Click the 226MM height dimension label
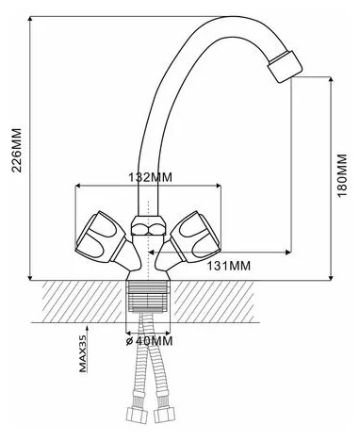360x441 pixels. [x=17, y=150]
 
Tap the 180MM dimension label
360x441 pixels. [x=343, y=175]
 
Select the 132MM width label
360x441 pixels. [x=151, y=177]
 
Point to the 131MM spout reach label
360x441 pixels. [x=229, y=266]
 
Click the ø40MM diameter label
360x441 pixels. [x=150, y=341]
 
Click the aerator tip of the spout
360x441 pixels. [x=285, y=66]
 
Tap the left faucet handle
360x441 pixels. [x=101, y=237]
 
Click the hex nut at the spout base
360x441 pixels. [x=148, y=225]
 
